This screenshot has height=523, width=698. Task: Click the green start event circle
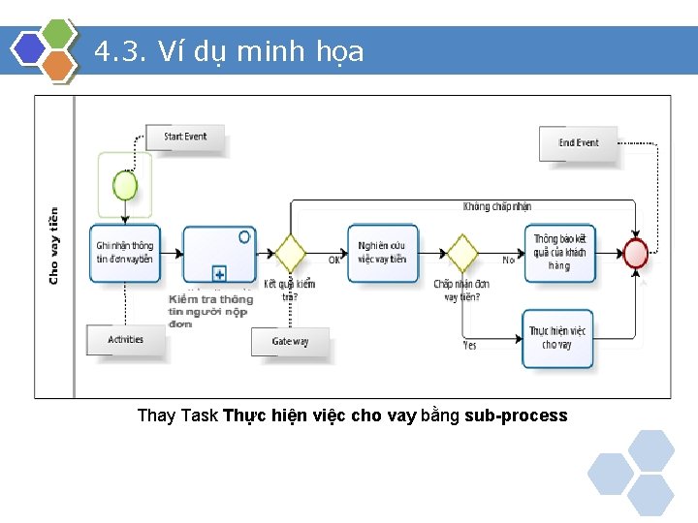pyautogui.click(x=125, y=183)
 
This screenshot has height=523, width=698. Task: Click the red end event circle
pyautogui.click(x=636, y=254)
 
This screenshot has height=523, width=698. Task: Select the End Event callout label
pyautogui.click(x=578, y=143)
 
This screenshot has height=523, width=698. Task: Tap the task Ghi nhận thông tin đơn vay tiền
pyautogui.click(x=125, y=253)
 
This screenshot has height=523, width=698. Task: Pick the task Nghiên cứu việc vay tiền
pyautogui.click(x=382, y=253)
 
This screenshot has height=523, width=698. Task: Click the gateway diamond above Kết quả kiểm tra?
pyautogui.click(x=289, y=254)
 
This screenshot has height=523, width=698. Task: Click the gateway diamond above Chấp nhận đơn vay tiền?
pyautogui.click(x=461, y=254)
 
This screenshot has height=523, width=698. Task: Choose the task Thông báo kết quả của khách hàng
pyautogui.click(x=559, y=253)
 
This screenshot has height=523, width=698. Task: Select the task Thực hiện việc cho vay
pyautogui.click(x=557, y=338)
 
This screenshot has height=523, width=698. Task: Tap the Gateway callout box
pyautogui.click(x=290, y=342)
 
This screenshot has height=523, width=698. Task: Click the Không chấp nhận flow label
pyautogui.click(x=496, y=206)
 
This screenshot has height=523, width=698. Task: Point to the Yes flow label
pyautogui.click(x=470, y=345)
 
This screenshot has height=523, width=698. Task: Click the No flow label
pyautogui.click(x=508, y=261)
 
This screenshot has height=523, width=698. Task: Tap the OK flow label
pyautogui.click(x=333, y=260)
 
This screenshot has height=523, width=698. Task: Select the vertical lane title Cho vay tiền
pyautogui.click(x=53, y=246)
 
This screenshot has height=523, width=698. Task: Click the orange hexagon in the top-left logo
pyautogui.click(x=60, y=65)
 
